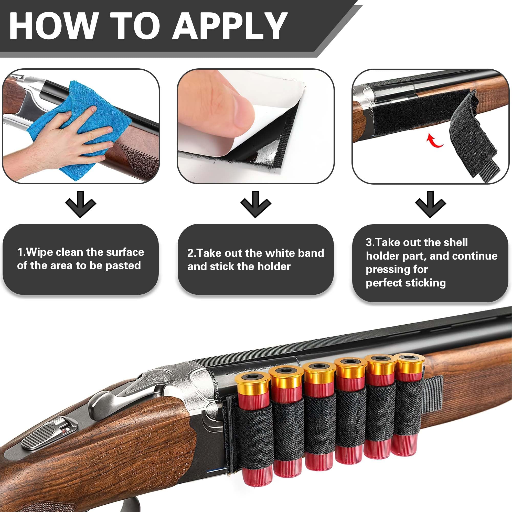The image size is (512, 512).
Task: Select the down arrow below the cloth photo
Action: tap(81, 204)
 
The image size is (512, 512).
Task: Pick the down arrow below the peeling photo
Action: tap(255, 204)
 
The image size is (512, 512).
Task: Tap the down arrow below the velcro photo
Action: tap(430, 204)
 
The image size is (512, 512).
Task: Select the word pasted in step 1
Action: tap(123, 265)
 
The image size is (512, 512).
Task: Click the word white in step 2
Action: tap(279, 253)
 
